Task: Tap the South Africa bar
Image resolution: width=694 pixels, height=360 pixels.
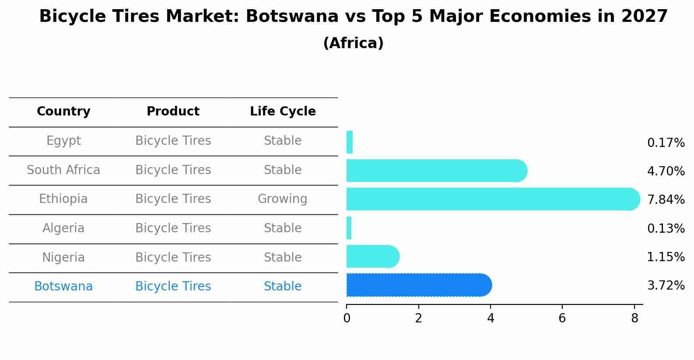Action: (x=436, y=171)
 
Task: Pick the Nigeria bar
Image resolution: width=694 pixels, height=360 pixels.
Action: (x=372, y=256)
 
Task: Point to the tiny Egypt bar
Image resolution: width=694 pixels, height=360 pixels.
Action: (x=350, y=142)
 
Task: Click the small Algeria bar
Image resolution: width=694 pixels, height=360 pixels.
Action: (x=349, y=228)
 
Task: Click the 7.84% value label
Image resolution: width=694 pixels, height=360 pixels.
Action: (x=666, y=200)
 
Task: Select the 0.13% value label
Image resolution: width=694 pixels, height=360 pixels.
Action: (x=666, y=229)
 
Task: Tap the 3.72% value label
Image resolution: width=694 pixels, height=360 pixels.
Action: (x=666, y=286)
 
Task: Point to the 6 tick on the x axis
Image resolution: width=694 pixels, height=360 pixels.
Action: (x=562, y=318)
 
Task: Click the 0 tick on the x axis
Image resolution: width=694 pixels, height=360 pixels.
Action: (x=347, y=318)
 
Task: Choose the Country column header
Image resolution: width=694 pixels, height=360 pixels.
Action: (x=63, y=112)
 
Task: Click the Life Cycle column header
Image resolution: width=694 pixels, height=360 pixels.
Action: (x=283, y=112)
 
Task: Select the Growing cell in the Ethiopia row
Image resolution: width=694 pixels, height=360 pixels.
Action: (x=282, y=199)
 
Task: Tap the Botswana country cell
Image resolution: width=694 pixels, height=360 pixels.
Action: (x=63, y=287)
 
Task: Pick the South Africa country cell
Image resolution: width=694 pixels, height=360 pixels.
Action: (x=63, y=170)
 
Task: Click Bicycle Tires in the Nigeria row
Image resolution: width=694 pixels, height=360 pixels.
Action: (x=173, y=258)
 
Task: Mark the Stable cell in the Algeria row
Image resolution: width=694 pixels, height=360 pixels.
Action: (x=282, y=228)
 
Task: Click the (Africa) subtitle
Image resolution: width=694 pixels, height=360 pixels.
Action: (x=353, y=43)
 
